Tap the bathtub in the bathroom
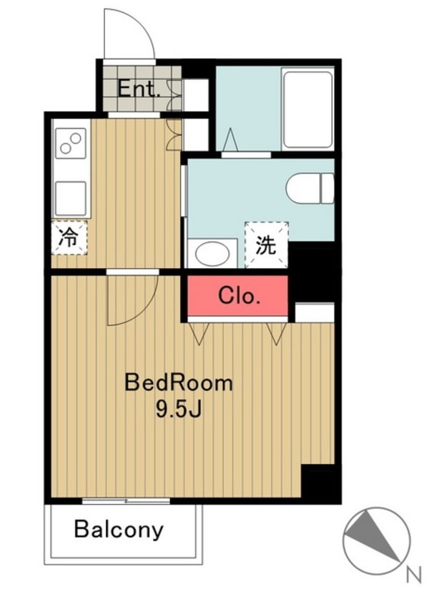tap(307, 109)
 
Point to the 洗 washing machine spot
tap(266, 245)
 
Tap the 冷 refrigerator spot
tap(69, 238)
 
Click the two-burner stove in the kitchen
tap(71, 143)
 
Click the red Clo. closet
tap(238, 297)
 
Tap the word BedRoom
tap(179, 382)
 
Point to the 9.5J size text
tap(179, 409)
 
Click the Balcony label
tap(119, 530)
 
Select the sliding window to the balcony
tap(126, 501)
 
